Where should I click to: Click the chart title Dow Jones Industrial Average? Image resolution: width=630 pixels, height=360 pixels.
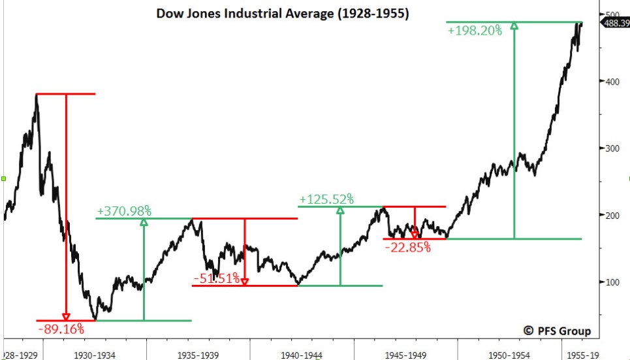[283, 13]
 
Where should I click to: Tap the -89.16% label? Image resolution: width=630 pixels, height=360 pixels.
[61, 329]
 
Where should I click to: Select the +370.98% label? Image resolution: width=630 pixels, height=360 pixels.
[124, 211]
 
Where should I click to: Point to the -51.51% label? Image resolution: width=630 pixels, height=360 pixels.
[216, 279]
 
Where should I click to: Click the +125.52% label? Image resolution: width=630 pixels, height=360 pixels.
[326, 199]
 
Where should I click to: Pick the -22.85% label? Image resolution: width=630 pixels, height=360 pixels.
[407, 247]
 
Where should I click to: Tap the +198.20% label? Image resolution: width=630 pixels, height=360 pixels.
[475, 30]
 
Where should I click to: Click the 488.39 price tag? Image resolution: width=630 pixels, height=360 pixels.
[616, 24]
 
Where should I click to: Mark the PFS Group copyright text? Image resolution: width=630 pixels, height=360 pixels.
[557, 331]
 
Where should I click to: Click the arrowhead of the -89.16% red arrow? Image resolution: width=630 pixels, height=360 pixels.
[66, 317]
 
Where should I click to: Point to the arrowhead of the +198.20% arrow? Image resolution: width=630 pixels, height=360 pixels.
[514, 26]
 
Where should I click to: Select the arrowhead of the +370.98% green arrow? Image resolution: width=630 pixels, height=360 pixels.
[144, 222]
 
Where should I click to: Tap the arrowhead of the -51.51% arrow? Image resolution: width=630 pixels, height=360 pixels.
[244, 282]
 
